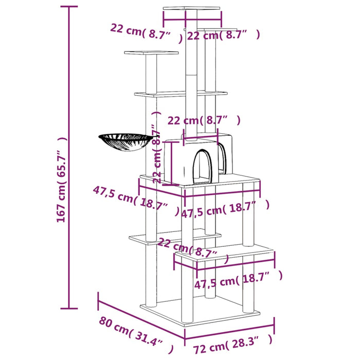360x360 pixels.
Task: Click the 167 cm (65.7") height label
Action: pos(61,180)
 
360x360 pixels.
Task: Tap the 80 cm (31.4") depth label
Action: pos(132,331)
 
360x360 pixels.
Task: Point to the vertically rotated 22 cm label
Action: pos(156,154)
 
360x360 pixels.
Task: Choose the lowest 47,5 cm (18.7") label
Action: pos(238,280)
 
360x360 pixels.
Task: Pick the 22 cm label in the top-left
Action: pos(146,32)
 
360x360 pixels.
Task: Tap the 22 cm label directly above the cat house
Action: pos(204,120)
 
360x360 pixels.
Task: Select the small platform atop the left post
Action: pos(151,52)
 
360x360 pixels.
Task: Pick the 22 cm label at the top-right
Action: pos(222,35)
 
